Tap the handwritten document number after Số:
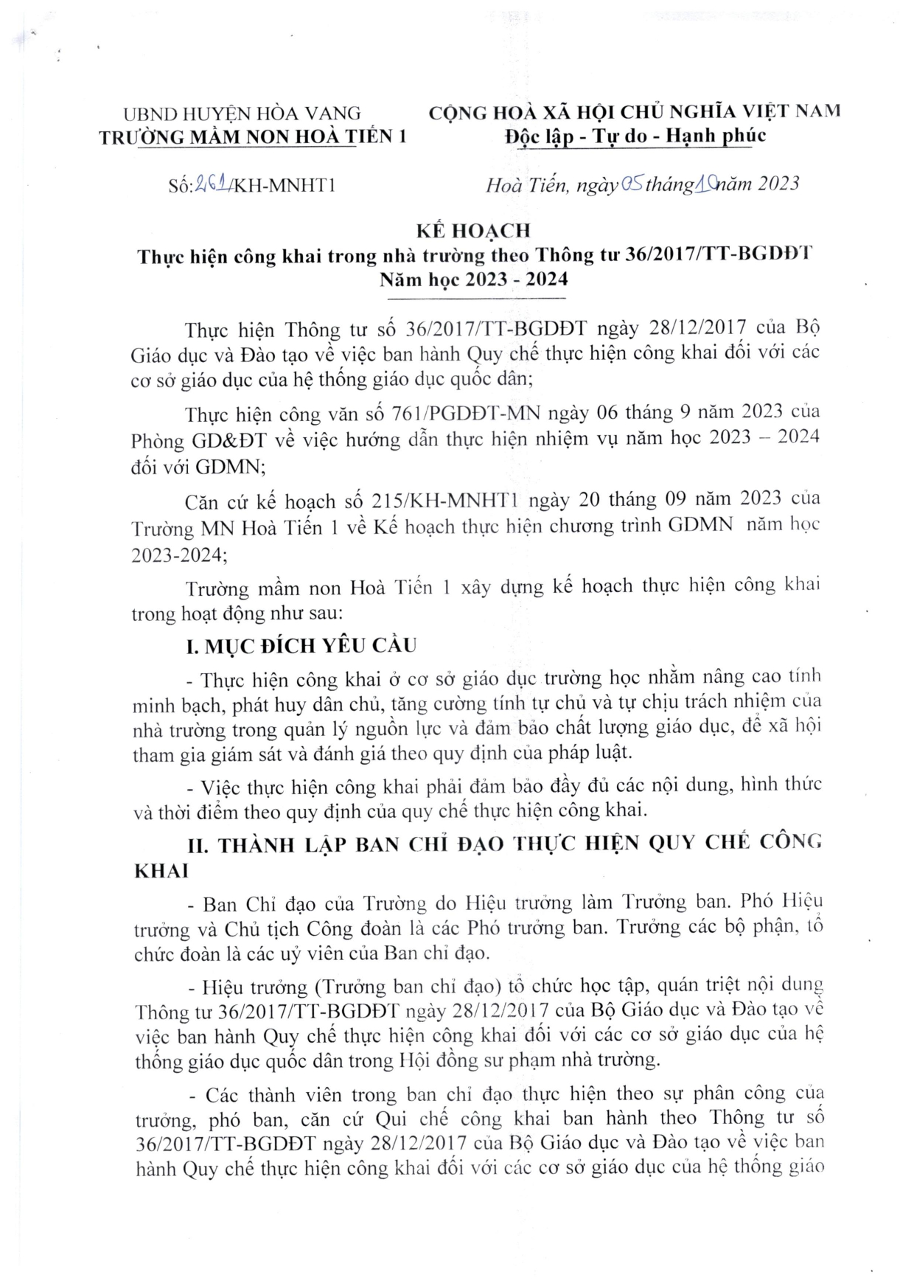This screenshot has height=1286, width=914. [x=212, y=184]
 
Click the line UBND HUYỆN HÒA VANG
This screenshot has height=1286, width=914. [x=242, y=114]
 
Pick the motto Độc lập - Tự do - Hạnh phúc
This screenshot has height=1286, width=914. [x=635, y=136]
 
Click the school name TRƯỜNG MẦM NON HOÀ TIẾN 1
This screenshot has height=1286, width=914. [x=253, y=136]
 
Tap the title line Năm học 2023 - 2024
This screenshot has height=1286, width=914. [x=473, y=279]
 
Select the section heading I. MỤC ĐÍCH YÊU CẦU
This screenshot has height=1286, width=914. [x=300, y=646]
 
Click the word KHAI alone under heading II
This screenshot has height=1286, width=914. [x=161, y=870]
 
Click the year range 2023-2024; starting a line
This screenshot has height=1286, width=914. [x=179, y=555]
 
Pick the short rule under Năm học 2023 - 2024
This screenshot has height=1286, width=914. [x=475, y=297]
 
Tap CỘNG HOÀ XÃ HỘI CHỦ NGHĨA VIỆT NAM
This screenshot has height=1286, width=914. [x=635, y=112]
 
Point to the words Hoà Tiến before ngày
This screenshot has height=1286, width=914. [x=526, y=184]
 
